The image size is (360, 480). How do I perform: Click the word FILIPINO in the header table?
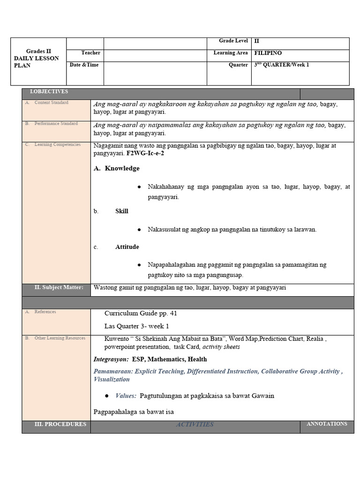click(x=268, y=53)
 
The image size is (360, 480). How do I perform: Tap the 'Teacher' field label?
click(x=90, y=53)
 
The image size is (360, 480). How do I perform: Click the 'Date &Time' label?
click(x=84, y=65)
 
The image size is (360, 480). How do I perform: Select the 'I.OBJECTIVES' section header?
click(x=49, y=91)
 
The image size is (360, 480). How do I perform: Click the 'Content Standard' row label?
click(x=51, y=102)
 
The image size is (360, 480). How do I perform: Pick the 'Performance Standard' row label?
click(x=56, y=123)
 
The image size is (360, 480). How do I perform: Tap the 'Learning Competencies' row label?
click(x=57, y=144)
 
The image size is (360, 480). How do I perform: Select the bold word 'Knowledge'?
click(x=122, y=168)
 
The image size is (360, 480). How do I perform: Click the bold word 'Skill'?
click(x=122, y=211)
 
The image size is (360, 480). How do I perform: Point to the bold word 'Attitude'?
click(x=127, y=247)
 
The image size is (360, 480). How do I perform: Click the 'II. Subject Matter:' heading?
click(x=59, y=287)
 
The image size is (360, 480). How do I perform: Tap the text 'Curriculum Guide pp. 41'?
click(x=141, y=313)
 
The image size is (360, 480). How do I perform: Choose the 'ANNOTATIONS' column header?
click(x=327, y=424)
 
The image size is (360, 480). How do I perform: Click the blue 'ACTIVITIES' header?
click(x=195, y=425)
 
